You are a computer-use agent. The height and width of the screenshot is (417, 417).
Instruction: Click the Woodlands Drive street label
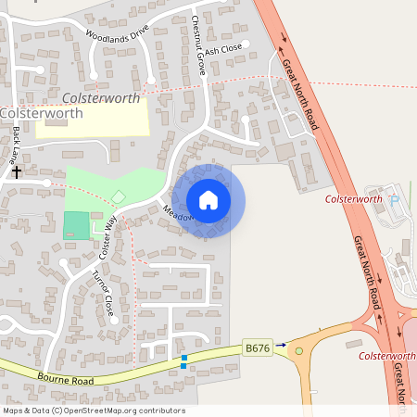pos(118,34)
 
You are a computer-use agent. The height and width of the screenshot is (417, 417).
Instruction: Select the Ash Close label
pos(223,49)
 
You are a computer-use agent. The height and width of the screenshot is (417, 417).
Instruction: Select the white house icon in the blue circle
pos(208,200)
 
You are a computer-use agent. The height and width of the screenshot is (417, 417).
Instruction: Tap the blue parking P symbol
pos(393,200)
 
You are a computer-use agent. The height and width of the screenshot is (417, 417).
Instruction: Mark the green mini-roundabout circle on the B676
pos(298,350)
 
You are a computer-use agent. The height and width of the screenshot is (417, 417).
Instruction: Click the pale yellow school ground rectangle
pos(92,120)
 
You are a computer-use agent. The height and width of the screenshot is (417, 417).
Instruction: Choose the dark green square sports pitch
pos(77,225)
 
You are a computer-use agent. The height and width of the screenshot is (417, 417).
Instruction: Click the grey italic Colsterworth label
pos(102,97)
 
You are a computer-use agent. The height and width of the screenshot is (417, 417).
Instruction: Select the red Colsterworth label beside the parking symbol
pos(353,199)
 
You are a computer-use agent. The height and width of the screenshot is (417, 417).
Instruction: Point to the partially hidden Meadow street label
pos(178,212)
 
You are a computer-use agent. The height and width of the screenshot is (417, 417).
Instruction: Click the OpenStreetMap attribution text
pos(94,411)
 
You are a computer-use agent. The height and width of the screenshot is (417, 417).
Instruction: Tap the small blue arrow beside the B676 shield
pos(281,345)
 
